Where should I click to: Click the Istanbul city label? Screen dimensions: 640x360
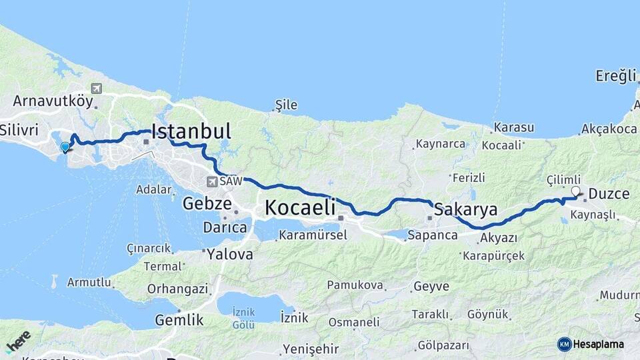192,130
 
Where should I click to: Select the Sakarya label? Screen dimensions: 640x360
466,210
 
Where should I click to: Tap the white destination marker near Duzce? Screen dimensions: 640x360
576,191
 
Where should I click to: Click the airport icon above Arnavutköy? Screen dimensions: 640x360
97,89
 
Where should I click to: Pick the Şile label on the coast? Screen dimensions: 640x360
287,105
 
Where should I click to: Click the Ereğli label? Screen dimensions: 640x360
617,77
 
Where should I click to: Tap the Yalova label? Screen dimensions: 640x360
230,254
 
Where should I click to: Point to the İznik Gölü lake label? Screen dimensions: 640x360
244,317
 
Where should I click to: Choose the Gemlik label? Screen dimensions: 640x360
179,320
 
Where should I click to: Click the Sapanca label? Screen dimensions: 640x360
433,235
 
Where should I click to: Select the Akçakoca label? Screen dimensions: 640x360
609,129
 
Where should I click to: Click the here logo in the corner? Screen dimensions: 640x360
18,341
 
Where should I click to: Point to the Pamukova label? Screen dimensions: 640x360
355,285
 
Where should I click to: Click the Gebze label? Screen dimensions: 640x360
207,203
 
